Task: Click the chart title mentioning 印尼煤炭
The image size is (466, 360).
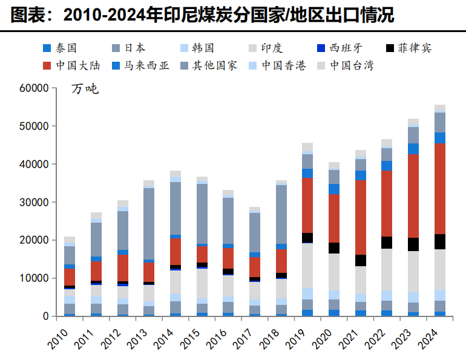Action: (x=202, y=15)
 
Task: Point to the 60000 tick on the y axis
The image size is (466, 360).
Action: (x=33, y=88)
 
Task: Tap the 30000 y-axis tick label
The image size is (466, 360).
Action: (x=33, y=202)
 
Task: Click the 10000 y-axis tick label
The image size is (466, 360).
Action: (x=33, y=278)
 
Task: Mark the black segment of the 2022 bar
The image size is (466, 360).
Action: (x=387, y=243)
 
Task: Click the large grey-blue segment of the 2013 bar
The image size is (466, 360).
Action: (x=149, y=224)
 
